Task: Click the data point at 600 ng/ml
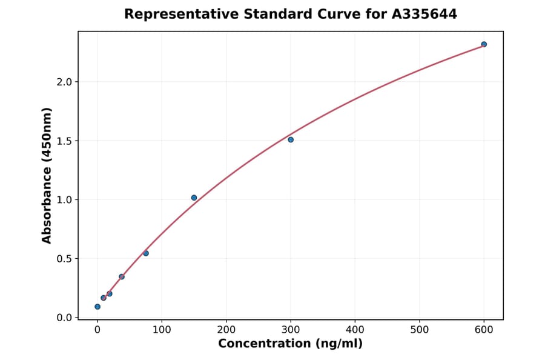tap(484, 44)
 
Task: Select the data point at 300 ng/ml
tap(291, 140)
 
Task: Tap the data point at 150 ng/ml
tap(194, 198)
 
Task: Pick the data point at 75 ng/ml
tap(146, 253)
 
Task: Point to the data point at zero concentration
tap(97, 307)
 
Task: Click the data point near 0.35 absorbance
tap(122, 277)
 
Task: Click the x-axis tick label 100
tap(162, 330)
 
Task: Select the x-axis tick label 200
tap(226, 330)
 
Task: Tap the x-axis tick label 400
tap(355, 330)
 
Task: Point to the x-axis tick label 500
tap(420, 330)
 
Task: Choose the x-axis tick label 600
tap(484, 330)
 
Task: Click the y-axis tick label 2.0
tap(64, 82)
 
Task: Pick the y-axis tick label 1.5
tap(64, 141)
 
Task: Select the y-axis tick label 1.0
tap(64, 200)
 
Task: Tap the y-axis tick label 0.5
tap(64, 259)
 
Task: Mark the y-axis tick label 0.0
tap(64, 318)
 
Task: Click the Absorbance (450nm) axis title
tap(47, 175)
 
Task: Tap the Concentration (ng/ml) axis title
tap(290, 344)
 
